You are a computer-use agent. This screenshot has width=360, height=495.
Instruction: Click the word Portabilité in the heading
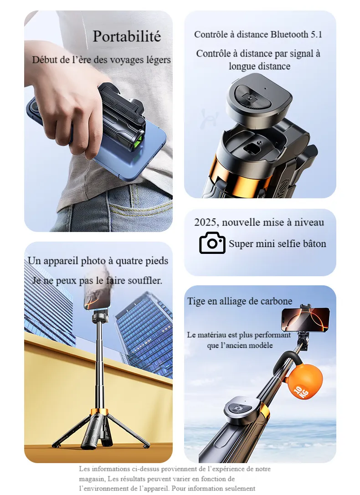[x=127, y=36]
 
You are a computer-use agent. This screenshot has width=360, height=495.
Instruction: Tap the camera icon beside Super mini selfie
[x=212, y=242]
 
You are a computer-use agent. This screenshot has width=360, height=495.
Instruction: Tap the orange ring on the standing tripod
[x=99, y=411]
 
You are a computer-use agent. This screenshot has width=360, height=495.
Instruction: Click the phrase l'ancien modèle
[x=240, y=345]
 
